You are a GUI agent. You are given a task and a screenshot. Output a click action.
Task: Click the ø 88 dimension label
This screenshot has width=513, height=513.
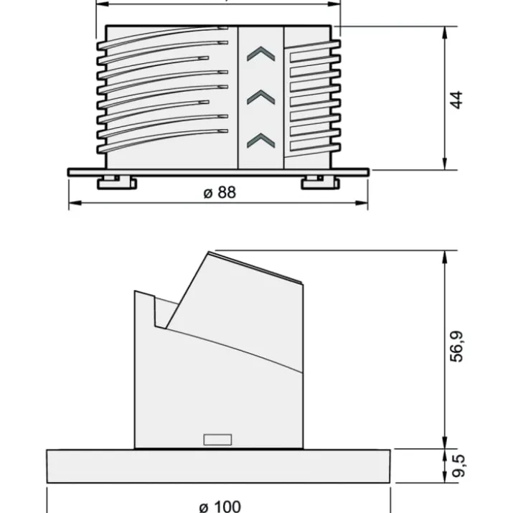point(220,192)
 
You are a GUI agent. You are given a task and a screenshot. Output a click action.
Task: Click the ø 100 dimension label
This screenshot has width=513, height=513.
point(220,507)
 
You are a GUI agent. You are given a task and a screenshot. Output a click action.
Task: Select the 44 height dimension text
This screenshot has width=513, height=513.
point(456,100)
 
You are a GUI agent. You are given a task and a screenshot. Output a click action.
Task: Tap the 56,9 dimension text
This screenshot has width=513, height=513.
point(457,347)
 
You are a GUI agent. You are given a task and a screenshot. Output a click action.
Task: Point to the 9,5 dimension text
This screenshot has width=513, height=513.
point(457,466)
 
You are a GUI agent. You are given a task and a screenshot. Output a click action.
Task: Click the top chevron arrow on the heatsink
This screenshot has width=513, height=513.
point(260,54)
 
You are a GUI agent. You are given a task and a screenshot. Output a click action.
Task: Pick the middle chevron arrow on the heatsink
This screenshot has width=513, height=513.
point(260,97)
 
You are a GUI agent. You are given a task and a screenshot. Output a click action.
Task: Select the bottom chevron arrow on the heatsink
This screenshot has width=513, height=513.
point(260,141)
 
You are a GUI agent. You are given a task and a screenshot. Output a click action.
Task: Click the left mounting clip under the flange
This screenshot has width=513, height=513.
point(117,182)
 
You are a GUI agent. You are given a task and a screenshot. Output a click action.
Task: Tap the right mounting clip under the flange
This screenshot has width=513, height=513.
point(320,182)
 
